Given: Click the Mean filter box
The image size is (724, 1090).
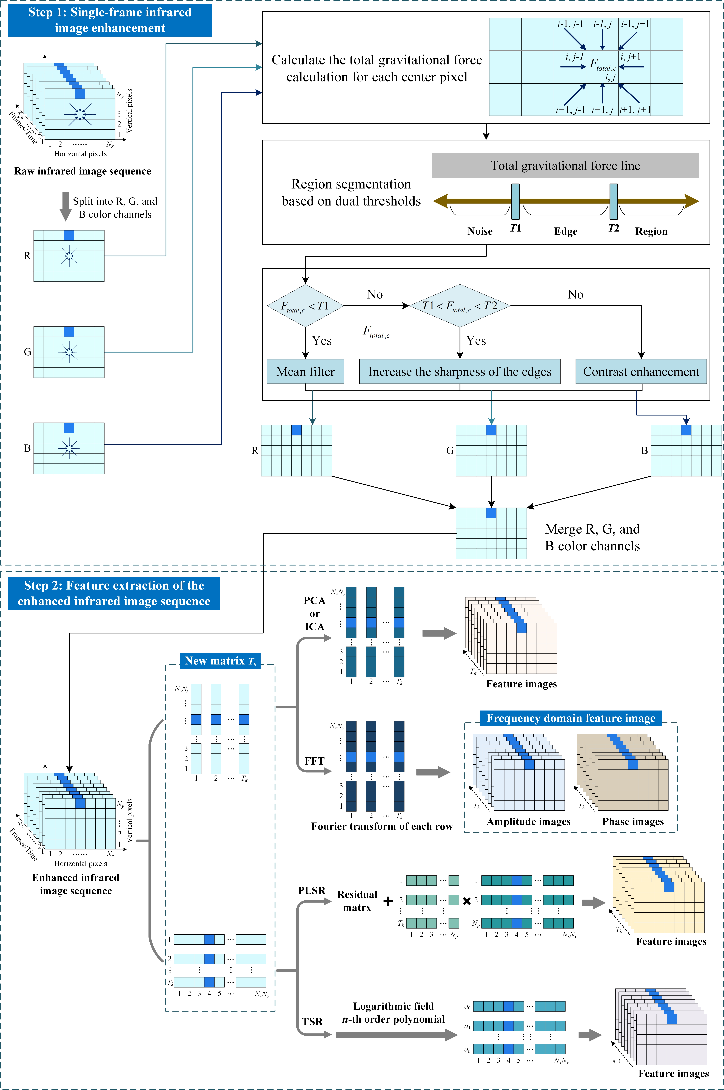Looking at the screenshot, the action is click(305, 371).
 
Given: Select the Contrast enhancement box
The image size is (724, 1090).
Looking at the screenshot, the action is click(641, 371).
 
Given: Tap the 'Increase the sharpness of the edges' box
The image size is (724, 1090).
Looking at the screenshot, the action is click(460, 371).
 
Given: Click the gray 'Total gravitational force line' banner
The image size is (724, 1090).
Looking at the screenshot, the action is click(565, 165).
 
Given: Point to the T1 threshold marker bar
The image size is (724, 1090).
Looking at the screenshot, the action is click(515, 201).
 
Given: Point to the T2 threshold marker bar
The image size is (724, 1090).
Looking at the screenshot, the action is click(614, 201).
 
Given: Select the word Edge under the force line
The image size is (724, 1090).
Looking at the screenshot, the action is click(566, 231).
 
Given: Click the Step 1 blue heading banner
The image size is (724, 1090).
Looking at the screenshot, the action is click(110, 20).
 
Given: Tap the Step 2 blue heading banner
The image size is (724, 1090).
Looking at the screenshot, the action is click(114, 593).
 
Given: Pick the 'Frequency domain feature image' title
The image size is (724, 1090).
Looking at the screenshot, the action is click(571, 718).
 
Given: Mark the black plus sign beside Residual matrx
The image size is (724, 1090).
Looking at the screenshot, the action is click(388, 901).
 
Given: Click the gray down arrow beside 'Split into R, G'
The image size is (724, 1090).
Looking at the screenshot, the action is click(66, 206).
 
